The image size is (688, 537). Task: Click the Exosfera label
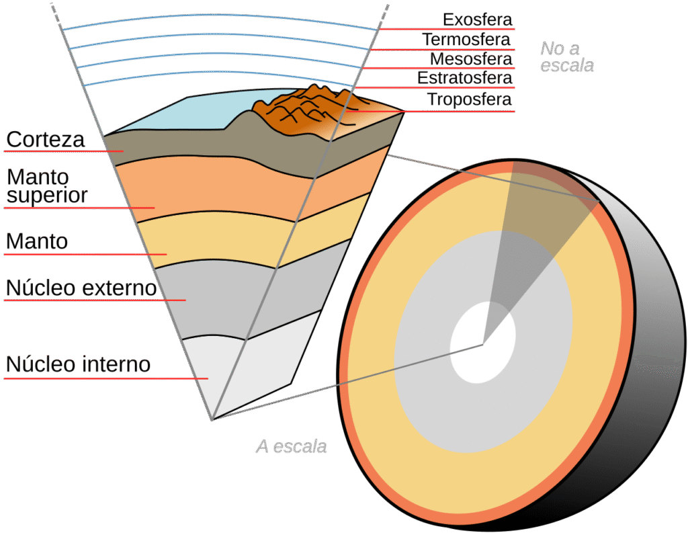pos(478,19)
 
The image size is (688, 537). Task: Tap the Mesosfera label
pos(471,58)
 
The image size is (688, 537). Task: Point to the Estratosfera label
pos(464,78)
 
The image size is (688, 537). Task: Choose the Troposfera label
pos(469,100)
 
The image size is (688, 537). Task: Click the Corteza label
pos(46,140)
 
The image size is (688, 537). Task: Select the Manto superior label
pos(47,186)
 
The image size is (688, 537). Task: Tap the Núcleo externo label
pos(81,288)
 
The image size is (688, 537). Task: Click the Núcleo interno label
pos(78,365)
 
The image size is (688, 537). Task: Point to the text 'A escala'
pos(291,446)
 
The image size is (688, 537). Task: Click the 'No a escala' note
pos(567,57)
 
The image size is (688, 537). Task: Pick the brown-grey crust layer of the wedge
pos(202,151)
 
